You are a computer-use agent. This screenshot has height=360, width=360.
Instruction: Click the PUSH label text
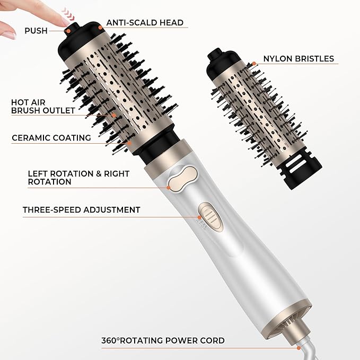click(36, 31)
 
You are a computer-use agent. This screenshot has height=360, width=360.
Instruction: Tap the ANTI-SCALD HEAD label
click(145, 23)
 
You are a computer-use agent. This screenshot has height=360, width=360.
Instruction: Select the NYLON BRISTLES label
click(298, 59)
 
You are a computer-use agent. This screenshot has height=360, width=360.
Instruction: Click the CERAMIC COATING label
click(51, 138)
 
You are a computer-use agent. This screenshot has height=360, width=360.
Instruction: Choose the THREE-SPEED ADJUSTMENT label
click(81, 210)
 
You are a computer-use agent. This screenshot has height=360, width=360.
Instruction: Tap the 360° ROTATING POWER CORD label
click(163, 340)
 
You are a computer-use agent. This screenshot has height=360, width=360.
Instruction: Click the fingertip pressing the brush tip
click(64, 19)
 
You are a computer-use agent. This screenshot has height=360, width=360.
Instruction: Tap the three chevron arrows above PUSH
click(67, 11)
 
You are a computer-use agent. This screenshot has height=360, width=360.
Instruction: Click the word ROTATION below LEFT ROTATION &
click(49, 182)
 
